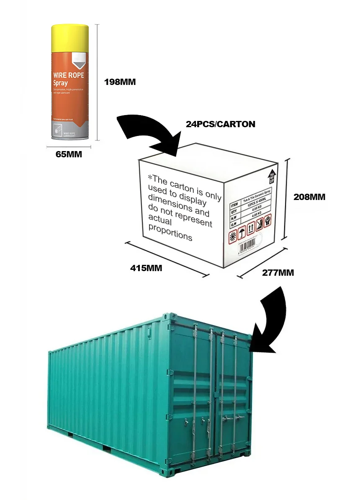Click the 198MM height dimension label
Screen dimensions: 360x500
point(120,82)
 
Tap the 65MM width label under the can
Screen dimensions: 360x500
point(69,154)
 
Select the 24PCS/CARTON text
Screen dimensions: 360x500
point(221,124)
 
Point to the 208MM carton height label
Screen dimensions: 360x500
point(309,196)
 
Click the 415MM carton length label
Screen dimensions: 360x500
point(146,268)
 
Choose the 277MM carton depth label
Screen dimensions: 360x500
point(278,273)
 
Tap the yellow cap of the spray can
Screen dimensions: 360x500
point(70,33)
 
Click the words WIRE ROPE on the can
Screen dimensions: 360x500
point(68,76)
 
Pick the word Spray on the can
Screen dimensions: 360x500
point(61,83)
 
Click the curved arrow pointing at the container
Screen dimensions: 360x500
point(270,322)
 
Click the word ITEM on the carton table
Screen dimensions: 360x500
point(234,205)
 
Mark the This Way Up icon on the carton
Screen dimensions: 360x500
point(271,177)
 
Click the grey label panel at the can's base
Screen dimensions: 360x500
point(69,128)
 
